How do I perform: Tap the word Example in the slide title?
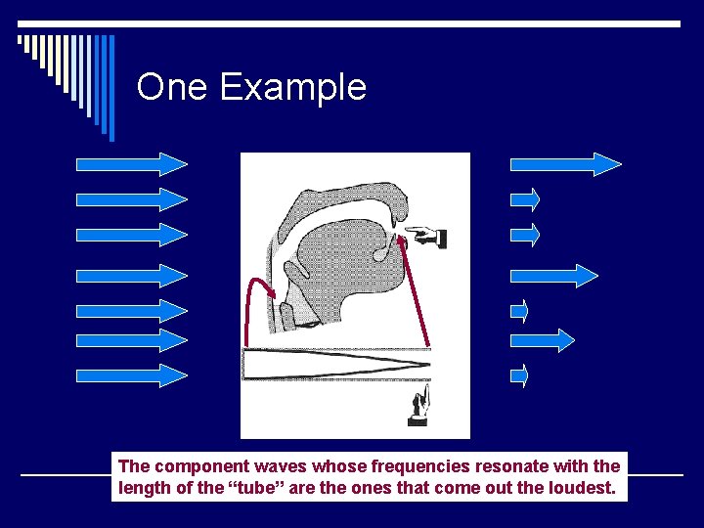click(292, 88)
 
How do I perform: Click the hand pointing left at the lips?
click(427, 236)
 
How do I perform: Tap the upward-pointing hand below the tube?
click(420, 406)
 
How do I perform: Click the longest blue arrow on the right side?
click(566, 163)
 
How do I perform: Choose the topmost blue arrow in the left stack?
click(132, 163)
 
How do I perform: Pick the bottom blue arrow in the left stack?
click(132, 374)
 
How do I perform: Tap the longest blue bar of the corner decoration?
click(110, 88)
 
